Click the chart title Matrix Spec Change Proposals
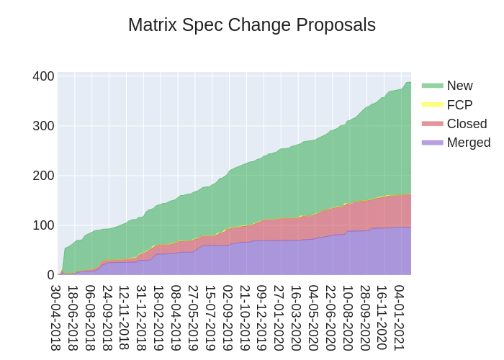pos(252,25)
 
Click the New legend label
pos(459,86)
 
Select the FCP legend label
pos(459,104)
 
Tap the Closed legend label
pos(467,123)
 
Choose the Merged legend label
pos(468,143)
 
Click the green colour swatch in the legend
pos(432,86)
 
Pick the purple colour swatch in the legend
pos(432,143)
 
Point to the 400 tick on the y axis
pos(44,76)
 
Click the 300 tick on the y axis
pos(44,126)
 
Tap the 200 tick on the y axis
pos(44,176)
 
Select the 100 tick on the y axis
pos(44,225)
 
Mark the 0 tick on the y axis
pos(50,275)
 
